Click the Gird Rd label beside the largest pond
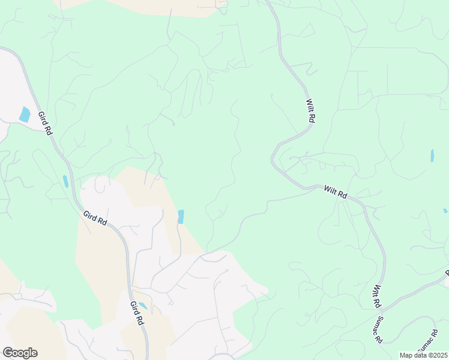pos(45,123)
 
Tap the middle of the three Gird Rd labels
pos(95,218)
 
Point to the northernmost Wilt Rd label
pos(310,111)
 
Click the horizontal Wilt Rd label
pos(336,192)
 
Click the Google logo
pos(20,353)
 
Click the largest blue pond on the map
pos(25,114)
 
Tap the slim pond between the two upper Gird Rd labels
pos(65,181)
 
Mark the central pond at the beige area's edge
pos(181,217)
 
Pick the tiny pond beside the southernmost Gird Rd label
pos(143,305)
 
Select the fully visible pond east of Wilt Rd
pos(432,156)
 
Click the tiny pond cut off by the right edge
pos(445,211)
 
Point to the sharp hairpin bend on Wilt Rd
pos(273,158)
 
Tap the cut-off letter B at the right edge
pos(447,272)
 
